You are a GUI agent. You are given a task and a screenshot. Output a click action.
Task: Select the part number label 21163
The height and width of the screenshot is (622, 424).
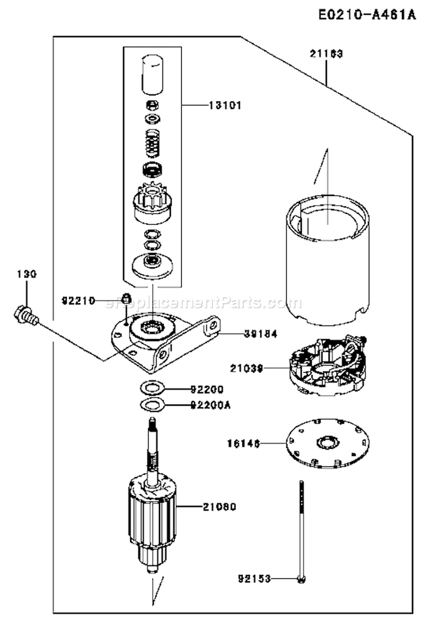[326, 54]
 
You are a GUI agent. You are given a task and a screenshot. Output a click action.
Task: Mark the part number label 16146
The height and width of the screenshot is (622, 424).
[246, 445]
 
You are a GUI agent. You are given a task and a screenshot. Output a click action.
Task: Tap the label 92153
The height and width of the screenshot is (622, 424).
[253, 579]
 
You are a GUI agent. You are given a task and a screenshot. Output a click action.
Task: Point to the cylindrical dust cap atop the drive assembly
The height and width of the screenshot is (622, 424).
[151, 74]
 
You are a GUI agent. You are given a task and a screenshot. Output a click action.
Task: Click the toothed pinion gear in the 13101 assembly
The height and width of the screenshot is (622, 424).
[151, 201]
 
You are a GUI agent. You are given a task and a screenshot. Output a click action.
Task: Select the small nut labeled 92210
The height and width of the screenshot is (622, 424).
[127, 298]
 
